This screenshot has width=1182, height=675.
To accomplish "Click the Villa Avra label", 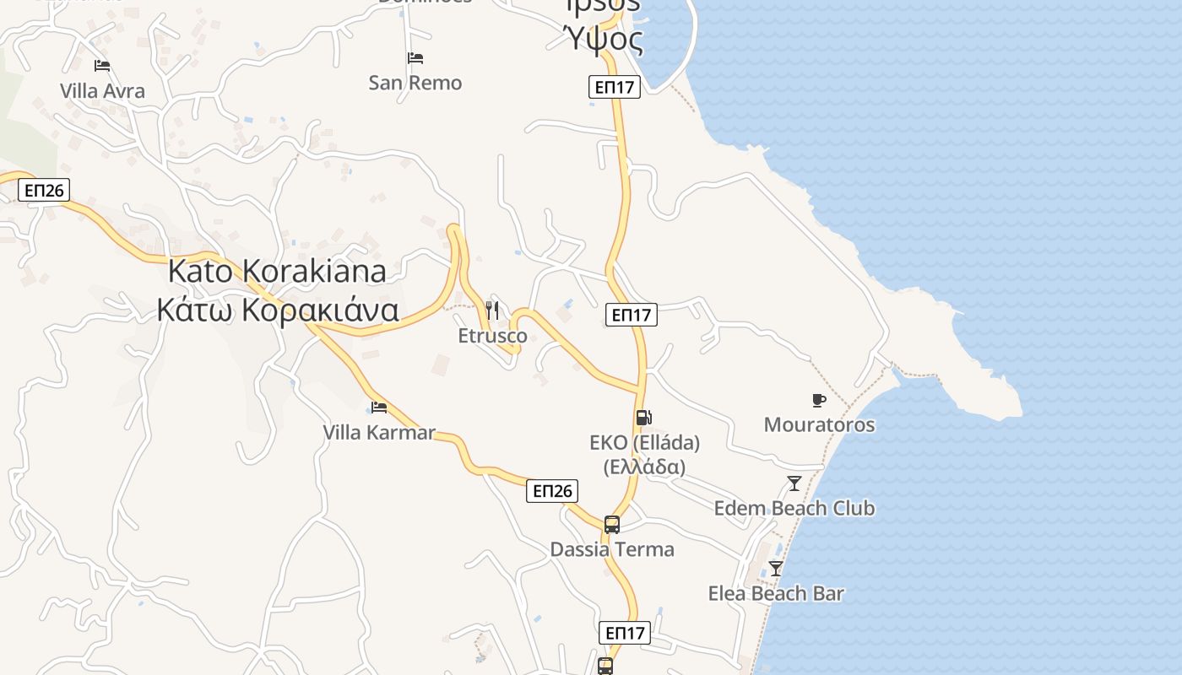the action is click(x=102, y=91).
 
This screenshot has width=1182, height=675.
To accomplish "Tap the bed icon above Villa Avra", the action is click(x=102, y=66).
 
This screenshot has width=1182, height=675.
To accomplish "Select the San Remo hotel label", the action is click(x=415, y=83).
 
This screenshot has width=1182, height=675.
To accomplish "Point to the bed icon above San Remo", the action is click(x=415, y=58).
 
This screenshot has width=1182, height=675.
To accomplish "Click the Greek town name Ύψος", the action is click(x=603, y=39).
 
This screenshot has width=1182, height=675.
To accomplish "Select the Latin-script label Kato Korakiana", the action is click(x=277, y=271).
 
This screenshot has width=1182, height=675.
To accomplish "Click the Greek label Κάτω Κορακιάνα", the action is click(x=277, y=310).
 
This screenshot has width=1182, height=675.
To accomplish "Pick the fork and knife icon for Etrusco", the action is click(x=493, y=310).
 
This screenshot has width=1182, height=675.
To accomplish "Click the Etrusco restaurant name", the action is click(x=493, y=336).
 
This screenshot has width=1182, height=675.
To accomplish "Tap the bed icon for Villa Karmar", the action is click(x=379, y=408).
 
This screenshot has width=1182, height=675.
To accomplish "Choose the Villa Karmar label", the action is click(x=379, y=433).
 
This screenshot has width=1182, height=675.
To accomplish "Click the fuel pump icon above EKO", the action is click(x=643, y=417).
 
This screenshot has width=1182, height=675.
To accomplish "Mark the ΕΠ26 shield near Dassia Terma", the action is click(x=552, y=491).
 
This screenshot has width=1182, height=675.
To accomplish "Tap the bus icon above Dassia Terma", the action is click(x=612, y=524).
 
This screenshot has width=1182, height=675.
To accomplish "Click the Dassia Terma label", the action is click(x=612, y=549).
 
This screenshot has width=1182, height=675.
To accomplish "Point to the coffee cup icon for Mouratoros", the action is click(x=818, y=399).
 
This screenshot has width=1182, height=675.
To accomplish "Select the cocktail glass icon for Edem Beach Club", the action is click(x=794, y=483).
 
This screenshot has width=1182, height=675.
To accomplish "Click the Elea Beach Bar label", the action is click(x=776, y=593).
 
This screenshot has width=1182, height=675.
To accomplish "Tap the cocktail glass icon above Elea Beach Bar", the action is click(x=776, y=569).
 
